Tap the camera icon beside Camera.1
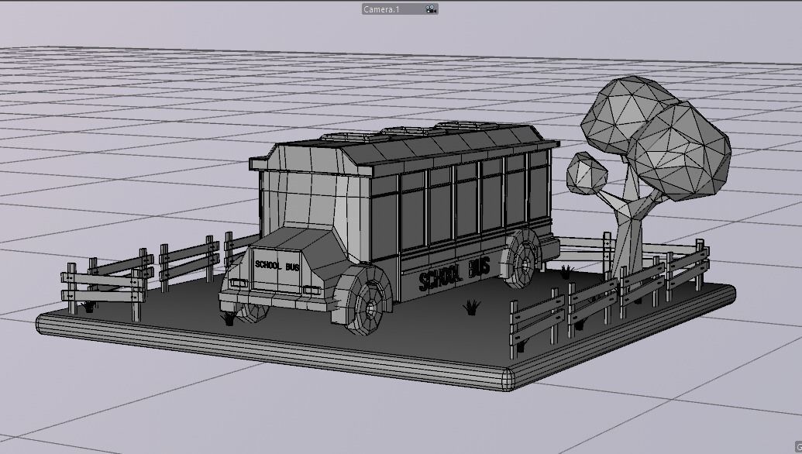click(430, 9)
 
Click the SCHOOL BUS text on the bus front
click(277, 266)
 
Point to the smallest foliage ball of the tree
click(588, 173)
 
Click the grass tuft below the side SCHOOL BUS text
click(470, 308)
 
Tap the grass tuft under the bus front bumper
click(229, 317)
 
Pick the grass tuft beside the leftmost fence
click(89, 305)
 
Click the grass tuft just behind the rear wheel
click(566, 271)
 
